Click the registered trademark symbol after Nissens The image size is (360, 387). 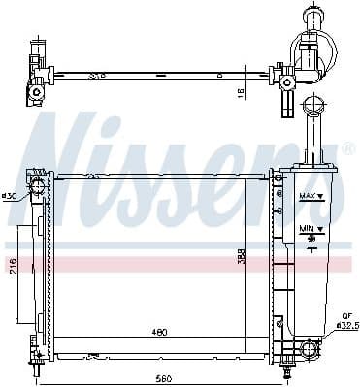tap(346, 146)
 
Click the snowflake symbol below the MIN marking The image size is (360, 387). tap(309, 237)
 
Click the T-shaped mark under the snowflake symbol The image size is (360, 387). tap(310, 248)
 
